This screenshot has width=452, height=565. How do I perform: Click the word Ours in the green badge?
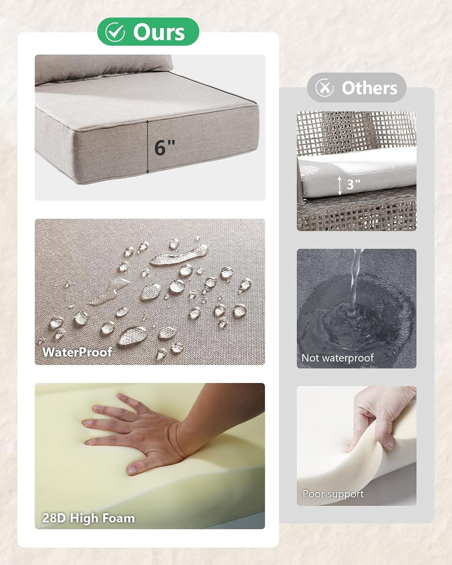tap(159, 32)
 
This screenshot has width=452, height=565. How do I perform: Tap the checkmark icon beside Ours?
tap(115, 32)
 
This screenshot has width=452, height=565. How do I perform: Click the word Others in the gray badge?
tap(369, 88)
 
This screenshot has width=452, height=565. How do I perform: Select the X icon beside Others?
tap(324, 88)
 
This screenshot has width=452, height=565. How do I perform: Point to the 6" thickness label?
tap(164, 147)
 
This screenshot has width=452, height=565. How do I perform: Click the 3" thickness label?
tap(353, 185)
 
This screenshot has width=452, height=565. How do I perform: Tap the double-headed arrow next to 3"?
tap(340, 186)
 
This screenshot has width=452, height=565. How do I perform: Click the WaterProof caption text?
tap(77, 352)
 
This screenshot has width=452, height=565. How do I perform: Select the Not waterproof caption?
tap(338, 358)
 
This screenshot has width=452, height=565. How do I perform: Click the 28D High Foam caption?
tap(89, 518)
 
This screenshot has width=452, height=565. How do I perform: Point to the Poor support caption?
tap(333, 494)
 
